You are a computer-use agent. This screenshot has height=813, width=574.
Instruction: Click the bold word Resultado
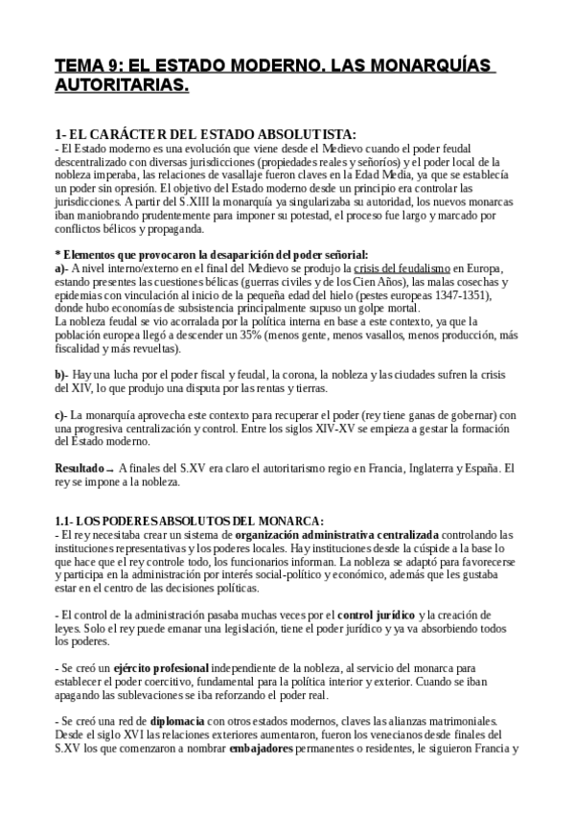point(80,468)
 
